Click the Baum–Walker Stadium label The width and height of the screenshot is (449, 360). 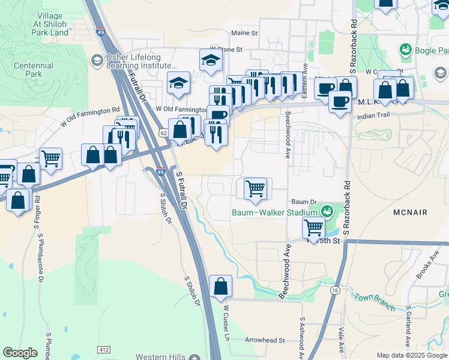(274, 212)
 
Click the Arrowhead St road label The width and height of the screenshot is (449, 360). (265, 340)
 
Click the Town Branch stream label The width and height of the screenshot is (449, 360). (373, 301)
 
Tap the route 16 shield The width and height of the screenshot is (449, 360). (334, 290)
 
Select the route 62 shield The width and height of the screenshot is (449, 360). (163, 131)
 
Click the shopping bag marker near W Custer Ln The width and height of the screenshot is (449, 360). (220, 286)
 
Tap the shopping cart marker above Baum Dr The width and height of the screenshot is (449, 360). (256, 188)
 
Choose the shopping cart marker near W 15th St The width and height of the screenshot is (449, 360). (313, 227)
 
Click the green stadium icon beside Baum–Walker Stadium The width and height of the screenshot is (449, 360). (327, 211)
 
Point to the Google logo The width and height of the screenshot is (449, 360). (20, 353)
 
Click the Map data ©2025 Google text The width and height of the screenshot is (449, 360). (411, 355)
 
